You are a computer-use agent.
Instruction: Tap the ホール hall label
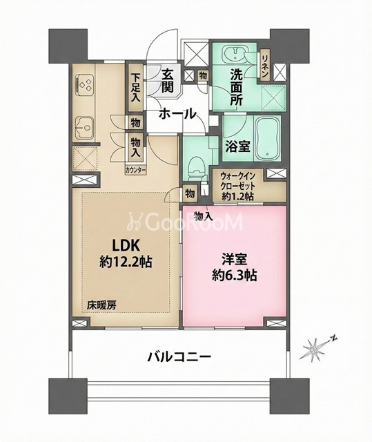(175, 115)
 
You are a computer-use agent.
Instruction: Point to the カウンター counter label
(135, 168)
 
